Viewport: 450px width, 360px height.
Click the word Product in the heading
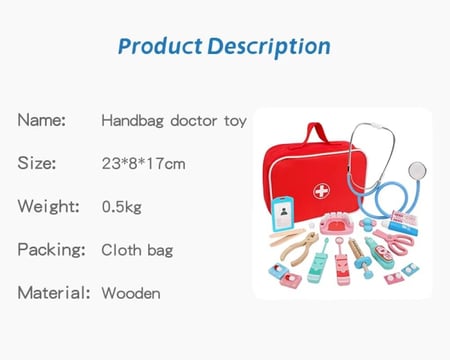[160, 46]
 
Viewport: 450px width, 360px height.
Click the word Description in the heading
[269, 47]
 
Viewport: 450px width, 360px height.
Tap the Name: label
[41, 120]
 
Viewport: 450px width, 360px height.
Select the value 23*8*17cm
[143, 163]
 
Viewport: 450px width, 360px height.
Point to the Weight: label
[49, 206]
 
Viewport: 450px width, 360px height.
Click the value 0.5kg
[122, 207]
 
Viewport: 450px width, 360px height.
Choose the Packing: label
[51, 250]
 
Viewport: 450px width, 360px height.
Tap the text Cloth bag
[137, 250]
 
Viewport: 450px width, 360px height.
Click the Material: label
[54, 293]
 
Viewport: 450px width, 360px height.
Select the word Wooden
[131, 293]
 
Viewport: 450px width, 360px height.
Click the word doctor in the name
[194, 121]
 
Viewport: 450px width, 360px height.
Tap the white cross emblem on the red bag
[321, 191]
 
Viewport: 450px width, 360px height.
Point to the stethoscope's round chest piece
[417, 170]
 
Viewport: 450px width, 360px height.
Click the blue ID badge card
[283, 213]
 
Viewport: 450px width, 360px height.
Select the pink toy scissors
[394, 241]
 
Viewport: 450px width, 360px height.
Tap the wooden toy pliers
[298, 248]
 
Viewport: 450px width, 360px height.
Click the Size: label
[37, 163]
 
